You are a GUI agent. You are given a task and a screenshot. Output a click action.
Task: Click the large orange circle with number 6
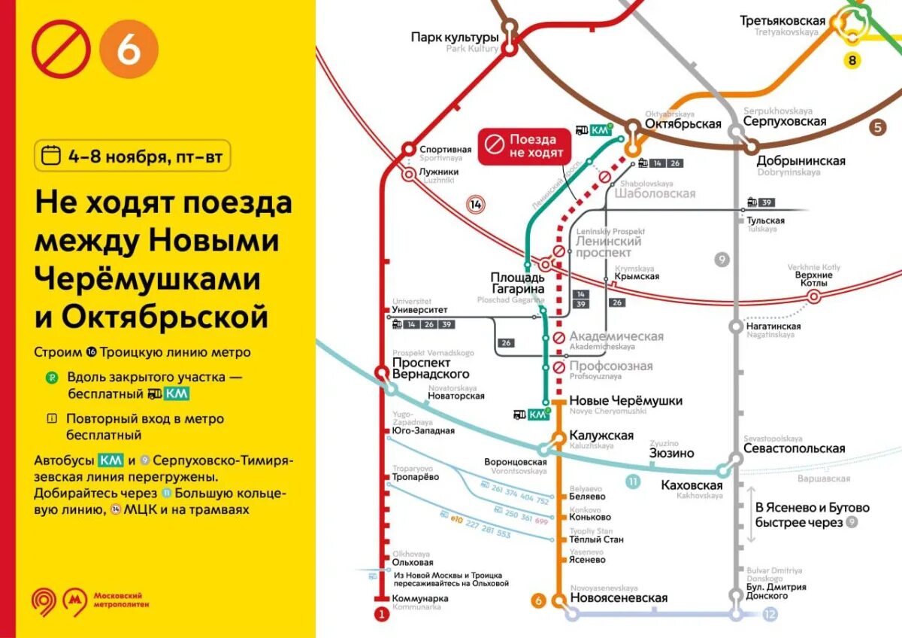pyautogui.click(x=129, y=49)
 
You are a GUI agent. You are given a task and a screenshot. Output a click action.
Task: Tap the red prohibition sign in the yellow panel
pyautogui.click(x=61, y=49)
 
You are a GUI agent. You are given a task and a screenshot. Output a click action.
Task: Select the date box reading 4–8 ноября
pyautogui.click(x=132, y=156)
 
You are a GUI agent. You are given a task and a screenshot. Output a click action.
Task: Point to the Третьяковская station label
pyautogui.click(x=782, y=21)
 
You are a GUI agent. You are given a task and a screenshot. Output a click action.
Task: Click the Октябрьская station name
pyautogui.click(x=683, y=124)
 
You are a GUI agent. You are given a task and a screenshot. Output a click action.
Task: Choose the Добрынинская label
pyautogui.click(x=801, y=161)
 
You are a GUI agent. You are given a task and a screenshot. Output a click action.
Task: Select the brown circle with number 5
pyautogui.click(x=877, y=126)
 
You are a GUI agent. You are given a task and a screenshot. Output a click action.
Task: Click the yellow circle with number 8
pyautogui.click(x=852, y=60)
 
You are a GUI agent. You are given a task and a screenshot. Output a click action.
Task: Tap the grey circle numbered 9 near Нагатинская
pyautogui.click(x=722, y=260)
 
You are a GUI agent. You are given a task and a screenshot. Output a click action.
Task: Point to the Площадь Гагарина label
pyautogui.click(x=517, y=283)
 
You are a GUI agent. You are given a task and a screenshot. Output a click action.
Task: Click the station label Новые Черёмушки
pyautogui.click(x=625, y=401)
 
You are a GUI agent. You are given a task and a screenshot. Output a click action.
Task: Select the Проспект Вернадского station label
pyautogui.click(x=431, y=369)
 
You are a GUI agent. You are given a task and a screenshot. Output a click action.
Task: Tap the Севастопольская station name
pyautogui.click(x=794, y=448)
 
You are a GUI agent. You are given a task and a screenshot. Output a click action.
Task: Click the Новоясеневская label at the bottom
pyautogui.click(x=619, y=598)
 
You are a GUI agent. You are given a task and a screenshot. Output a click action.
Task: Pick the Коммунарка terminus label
pyautogui.click(x=420, y=599)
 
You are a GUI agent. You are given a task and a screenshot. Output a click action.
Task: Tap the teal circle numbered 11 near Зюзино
pyautogui.click(x=634, y=482)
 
